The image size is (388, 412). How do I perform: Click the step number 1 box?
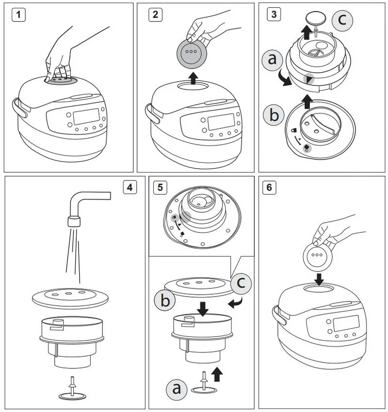tap(18, 15)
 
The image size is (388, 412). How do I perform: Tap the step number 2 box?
tap(155, 15)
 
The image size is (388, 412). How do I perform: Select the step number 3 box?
tap(274, 14)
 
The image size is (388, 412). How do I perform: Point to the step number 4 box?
tap(129, 187)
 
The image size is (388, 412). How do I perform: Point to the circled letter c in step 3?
tap(342, 20)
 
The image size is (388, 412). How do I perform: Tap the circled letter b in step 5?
tap(164, 301)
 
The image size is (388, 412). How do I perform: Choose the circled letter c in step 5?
tap(241, 284)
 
